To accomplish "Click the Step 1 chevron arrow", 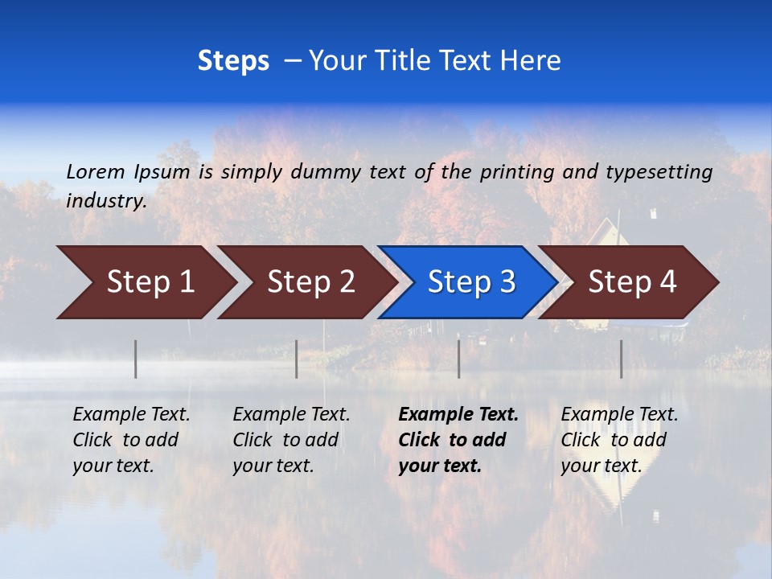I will point(145,282).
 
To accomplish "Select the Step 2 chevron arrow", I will point(306,282).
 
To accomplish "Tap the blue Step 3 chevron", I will point(466,282).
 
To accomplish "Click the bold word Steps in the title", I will point(233,61).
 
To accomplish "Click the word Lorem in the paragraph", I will point(96,171).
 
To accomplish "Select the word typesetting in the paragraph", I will point(659,171).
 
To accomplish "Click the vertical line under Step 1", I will point(136,359).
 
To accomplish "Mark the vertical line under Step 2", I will point(297,359).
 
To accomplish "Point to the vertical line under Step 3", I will point(459,359).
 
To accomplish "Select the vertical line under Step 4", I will point(622,359).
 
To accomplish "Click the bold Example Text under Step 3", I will point(458,414).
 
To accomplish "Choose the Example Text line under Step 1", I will point(131,414).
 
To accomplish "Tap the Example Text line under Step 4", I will point(619,414).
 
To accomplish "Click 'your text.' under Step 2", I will point(273,466).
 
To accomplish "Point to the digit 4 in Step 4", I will point(668,282).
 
